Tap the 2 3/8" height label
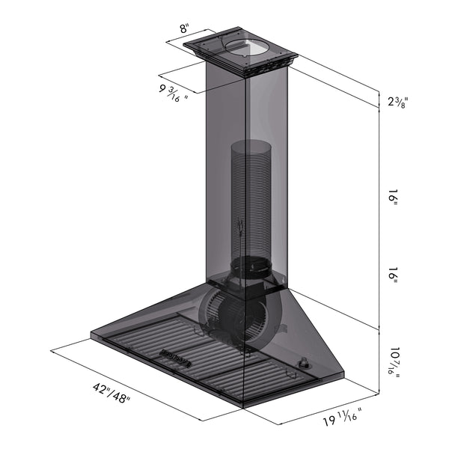(x=398, y=102)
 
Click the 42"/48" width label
(x=110, y=392)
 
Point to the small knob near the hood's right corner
(x=305, y=364)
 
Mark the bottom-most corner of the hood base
(x=242, y=408)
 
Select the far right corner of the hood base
(x=344, y=374)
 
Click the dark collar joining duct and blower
(x=251, y=265)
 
